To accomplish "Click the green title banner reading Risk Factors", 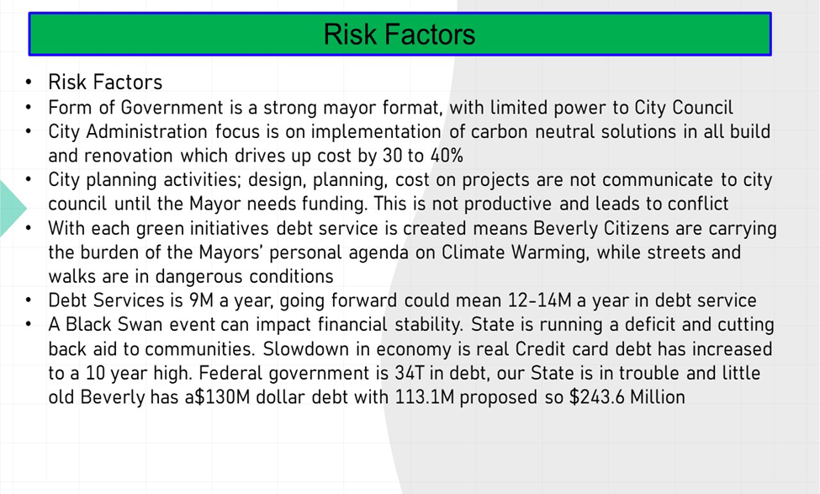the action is (400, 34).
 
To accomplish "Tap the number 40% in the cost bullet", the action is (447, 156).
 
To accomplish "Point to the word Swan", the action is (139, 325).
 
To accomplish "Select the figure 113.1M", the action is (425, 396).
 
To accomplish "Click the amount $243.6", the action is (596, 396).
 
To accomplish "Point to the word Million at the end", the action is (658, 396).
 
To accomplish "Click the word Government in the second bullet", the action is (172, 107).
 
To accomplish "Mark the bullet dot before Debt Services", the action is (29, 300).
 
